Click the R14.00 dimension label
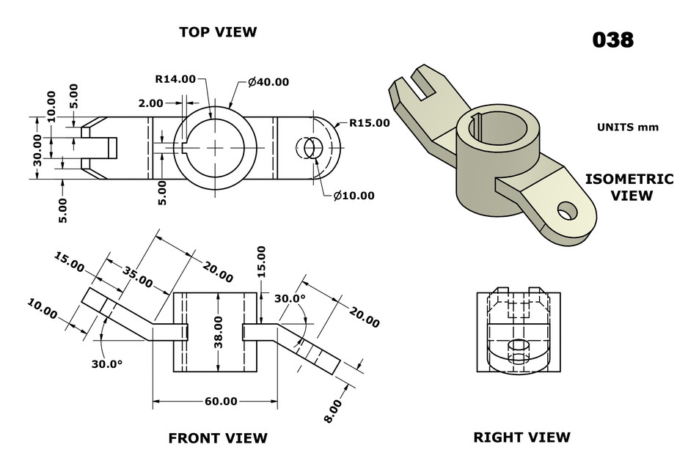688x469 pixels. [175, 79]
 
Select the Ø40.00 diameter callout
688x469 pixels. [268, 82]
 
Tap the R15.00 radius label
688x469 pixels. [369, 122]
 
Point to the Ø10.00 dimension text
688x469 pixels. [353, 196]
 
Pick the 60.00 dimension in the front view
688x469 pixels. [221, 401]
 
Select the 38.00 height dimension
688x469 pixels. [219, 332]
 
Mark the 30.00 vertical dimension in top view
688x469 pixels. [39, 149]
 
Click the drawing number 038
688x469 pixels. [612, 40]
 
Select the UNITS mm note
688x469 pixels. [628, 127]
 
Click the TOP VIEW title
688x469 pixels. [218, 32]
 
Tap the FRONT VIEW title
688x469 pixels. [218, 438]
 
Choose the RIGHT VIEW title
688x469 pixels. [522, 437]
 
